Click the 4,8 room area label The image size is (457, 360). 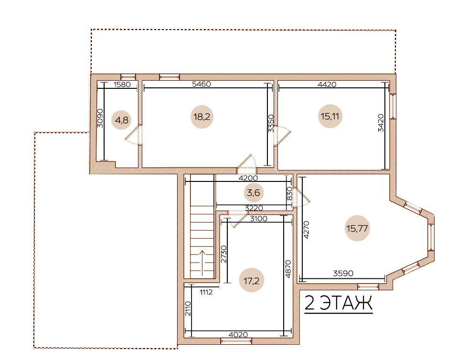click(122, 120)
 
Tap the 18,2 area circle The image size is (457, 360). click(202, 117)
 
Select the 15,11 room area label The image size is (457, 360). click(330, 116)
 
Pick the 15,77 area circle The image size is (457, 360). click(357, 228)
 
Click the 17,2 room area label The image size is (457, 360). click(251, 281)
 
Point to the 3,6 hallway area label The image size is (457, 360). click(254, 193)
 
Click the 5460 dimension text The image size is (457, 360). click(202, 84)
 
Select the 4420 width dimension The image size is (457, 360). click(327, 85)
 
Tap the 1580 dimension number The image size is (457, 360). click(122, 85)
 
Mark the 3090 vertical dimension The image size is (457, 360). click(100, 118)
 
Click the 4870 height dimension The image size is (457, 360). click(288, 269)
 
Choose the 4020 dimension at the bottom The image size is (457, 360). click(238, 335)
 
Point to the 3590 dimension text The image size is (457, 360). click(343, 274)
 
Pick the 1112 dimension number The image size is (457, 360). click(206, 292)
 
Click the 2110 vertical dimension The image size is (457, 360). click(188, 309)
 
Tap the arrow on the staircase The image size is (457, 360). click(202, 262)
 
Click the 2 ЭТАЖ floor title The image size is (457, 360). click(339, 303)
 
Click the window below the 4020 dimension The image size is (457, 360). click(236, 341)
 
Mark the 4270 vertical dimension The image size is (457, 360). click(306, 230)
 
